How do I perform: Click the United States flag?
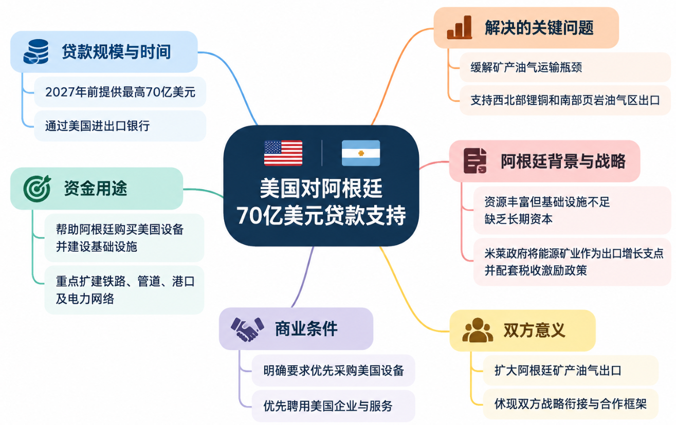click(x=283, y=153)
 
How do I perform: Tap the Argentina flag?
click(x=361, y=153)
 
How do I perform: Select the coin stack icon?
click(x=36, y=51)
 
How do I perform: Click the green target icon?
click(x=37, y=188)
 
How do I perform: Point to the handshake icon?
click(x=247, y=329)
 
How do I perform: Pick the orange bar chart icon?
click(x=459, y=27)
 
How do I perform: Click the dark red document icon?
click(x=475, y=160)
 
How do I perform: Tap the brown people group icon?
click(x=478, y=330)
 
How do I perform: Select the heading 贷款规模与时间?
click(x=116, y=51)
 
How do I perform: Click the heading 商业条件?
click(x=306, y=329)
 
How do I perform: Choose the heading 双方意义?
click(x=535, y=330)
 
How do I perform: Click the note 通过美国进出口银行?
click(x=97, y=126)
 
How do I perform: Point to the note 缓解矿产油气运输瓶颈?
click(x=526, y=67)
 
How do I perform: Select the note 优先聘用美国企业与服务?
click(x=328, y=405)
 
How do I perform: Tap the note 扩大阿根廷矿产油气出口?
click(x=558, y=371)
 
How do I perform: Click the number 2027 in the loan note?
click(x=60, y=92)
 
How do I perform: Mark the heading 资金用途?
click(x=96, y=188)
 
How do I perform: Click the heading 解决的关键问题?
click(x=539, y=27)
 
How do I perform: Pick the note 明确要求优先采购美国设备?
click(x=334, y=371)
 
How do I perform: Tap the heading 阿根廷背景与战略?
click(x=563, y=161)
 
